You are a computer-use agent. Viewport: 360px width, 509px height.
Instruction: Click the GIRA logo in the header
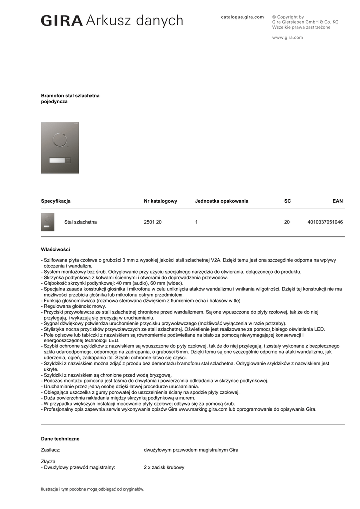pyautogui.click(x=62, y=21)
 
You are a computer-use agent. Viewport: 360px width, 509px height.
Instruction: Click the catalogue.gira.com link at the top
pyautogui.click(x=242, y=17)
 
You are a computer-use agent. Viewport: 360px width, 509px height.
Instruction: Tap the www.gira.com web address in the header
pyautogui.click(x=287, y=37)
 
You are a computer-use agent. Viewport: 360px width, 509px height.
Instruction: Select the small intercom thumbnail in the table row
pyautogui.click(x=48, y=222)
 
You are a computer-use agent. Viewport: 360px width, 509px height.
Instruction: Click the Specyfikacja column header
pyautogui.click(x=56, y=201)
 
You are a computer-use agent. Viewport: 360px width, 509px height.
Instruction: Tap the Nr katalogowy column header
pyautogui.click(x=160, y=201)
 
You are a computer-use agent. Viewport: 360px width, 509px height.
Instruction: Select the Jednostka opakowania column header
pyautogui.click(x=221, y=201)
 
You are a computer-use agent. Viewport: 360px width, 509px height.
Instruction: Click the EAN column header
pyautogui.click(x=337, y=201)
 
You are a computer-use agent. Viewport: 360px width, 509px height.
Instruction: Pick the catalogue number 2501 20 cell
pyautogui.click(x=152, y=222)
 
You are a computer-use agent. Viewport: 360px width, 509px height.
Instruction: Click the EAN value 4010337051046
pyautogui.click(x=325, y=222)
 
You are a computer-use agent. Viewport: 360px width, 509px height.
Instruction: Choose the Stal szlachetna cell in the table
pyautogui.click(x=81, y=222)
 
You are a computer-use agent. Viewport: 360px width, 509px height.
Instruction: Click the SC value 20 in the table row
pyautogui.click(x=287, y=222)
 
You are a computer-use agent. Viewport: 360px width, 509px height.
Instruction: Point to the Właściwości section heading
pyautogui.click(x=55, y=249)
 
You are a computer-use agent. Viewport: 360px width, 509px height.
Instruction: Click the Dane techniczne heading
pyautogui.click(x=60, y=439)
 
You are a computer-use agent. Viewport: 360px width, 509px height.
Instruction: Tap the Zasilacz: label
pyautogui.click(x=51, y=450)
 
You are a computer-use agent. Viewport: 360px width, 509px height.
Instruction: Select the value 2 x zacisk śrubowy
pyautogui.click(x=164, y=467)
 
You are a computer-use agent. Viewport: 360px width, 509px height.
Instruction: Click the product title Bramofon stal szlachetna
pyautogui.click(x=70, y=95)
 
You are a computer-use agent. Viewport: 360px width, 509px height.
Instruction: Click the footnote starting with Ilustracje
pyautogui.click(x=92, y=489)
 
